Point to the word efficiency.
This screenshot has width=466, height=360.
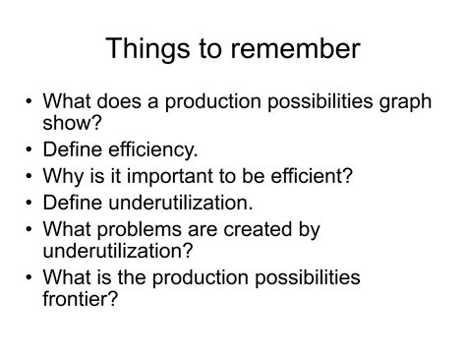pyautogui.click(x=151, y=151)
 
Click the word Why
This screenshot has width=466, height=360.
pyautogui.click(x=67, y=177)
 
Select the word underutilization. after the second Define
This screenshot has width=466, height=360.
pyautogui.click(x=174, y=203)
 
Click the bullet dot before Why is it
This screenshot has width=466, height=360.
pyautogui.click(x=29, y=178)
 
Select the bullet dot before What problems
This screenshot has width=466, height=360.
pyautogui.click(x=29, y=229)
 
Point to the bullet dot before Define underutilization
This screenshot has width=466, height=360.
pyautogui.click(x=29, y=204)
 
